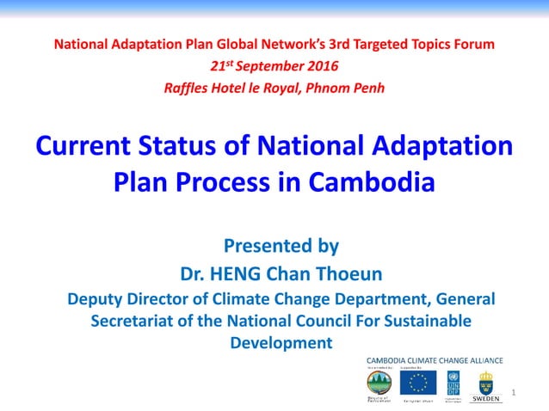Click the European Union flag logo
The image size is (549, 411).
423,383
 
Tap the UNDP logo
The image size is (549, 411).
453,383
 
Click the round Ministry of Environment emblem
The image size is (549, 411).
379,383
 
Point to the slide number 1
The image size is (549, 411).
513,393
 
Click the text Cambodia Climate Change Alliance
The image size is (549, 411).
435,359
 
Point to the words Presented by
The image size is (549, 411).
281,246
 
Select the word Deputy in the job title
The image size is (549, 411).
96,299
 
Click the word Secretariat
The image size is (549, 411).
137,321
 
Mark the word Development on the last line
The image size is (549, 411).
281,342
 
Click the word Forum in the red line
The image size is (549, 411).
472,43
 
